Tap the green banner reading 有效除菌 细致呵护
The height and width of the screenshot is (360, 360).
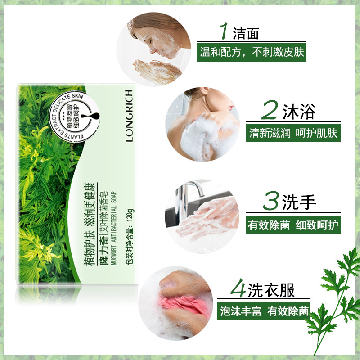[x=293, y=225]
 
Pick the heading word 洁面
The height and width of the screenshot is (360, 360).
[x=246, y=32]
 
